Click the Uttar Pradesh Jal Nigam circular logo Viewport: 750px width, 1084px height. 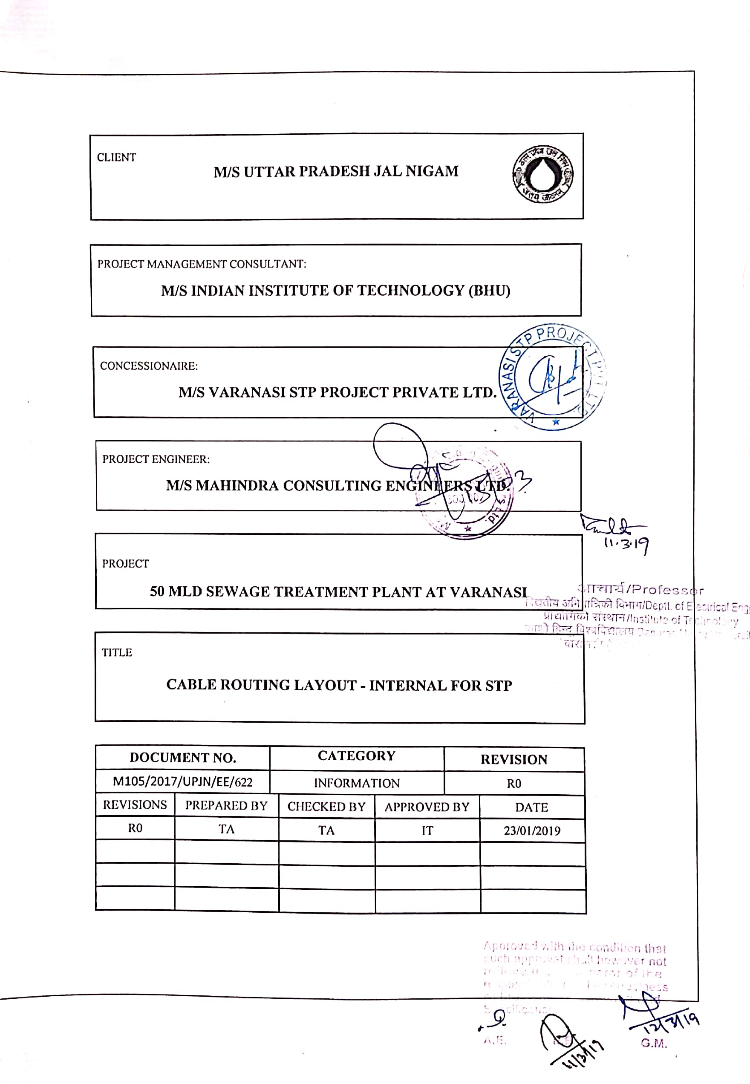click(542, 174)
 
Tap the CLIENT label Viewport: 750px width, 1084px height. click(116, 157)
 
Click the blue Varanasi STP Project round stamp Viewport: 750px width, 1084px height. click(552, 377)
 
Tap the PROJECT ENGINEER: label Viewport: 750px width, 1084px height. click(156, 459)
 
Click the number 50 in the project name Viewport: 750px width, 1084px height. click(157, 591)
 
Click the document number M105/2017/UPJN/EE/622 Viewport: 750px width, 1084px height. click(182, 781)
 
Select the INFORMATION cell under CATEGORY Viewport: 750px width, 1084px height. click(357, 783)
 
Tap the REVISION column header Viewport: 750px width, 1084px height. click(513, 759)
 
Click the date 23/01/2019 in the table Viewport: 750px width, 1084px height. click(532, 830)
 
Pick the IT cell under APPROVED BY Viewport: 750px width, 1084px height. click(427, 830)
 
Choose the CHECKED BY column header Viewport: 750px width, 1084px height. click(326, 806)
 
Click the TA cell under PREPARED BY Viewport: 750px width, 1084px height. click(226, 829)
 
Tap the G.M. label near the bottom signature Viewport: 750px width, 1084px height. click(653, 1043)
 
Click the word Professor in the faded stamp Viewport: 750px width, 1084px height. click(668, 590)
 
